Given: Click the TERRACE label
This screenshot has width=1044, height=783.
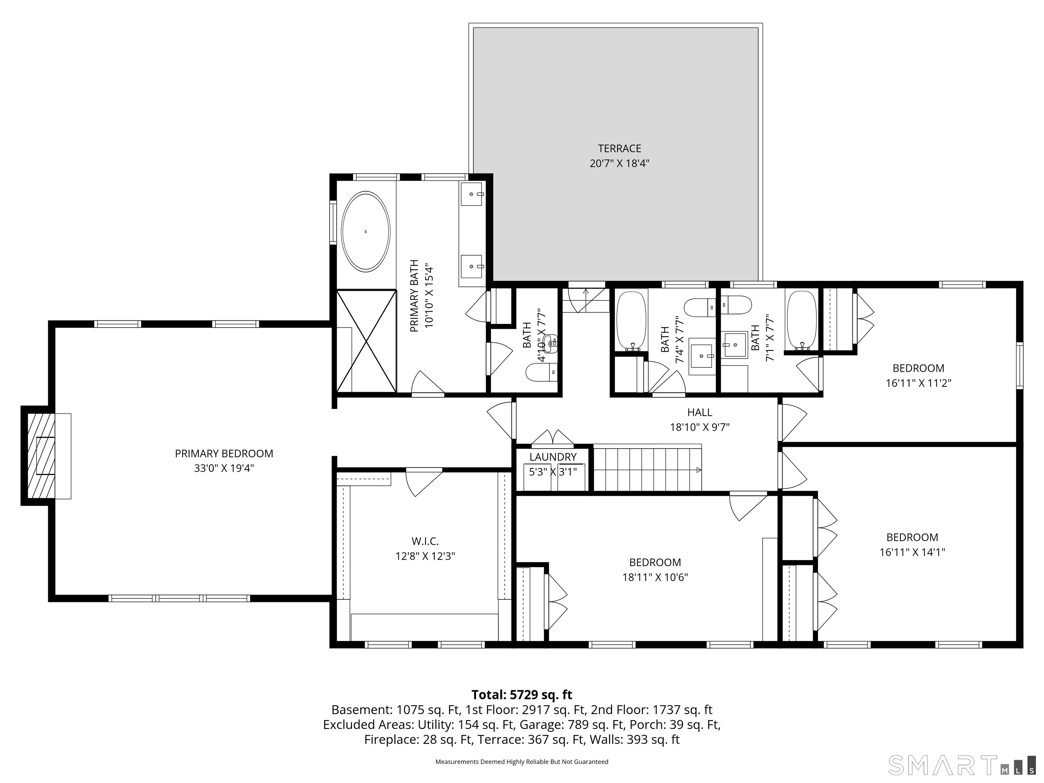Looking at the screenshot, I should pos(619,149).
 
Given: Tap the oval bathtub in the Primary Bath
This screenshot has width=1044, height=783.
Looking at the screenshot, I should pos(366,231).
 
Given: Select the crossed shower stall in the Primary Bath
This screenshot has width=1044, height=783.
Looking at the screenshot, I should pos(366,341).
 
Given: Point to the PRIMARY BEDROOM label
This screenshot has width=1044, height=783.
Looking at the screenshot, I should pos(224,454).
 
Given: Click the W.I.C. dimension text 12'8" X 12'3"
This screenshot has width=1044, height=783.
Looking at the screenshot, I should pos(425,556).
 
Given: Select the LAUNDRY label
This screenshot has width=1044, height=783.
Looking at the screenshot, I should pos(553,457).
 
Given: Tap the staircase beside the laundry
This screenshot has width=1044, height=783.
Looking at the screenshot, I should pos(647,469).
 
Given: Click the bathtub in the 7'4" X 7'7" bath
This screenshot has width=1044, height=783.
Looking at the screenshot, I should pos(631,321).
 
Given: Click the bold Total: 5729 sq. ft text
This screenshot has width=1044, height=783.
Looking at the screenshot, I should pos(522,695).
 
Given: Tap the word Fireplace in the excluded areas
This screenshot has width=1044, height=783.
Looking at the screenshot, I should pos(390,739).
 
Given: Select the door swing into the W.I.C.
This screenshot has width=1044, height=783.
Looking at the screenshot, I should pos(422,482).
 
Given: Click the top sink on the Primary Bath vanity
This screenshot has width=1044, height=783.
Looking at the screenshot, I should pos(471,194).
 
